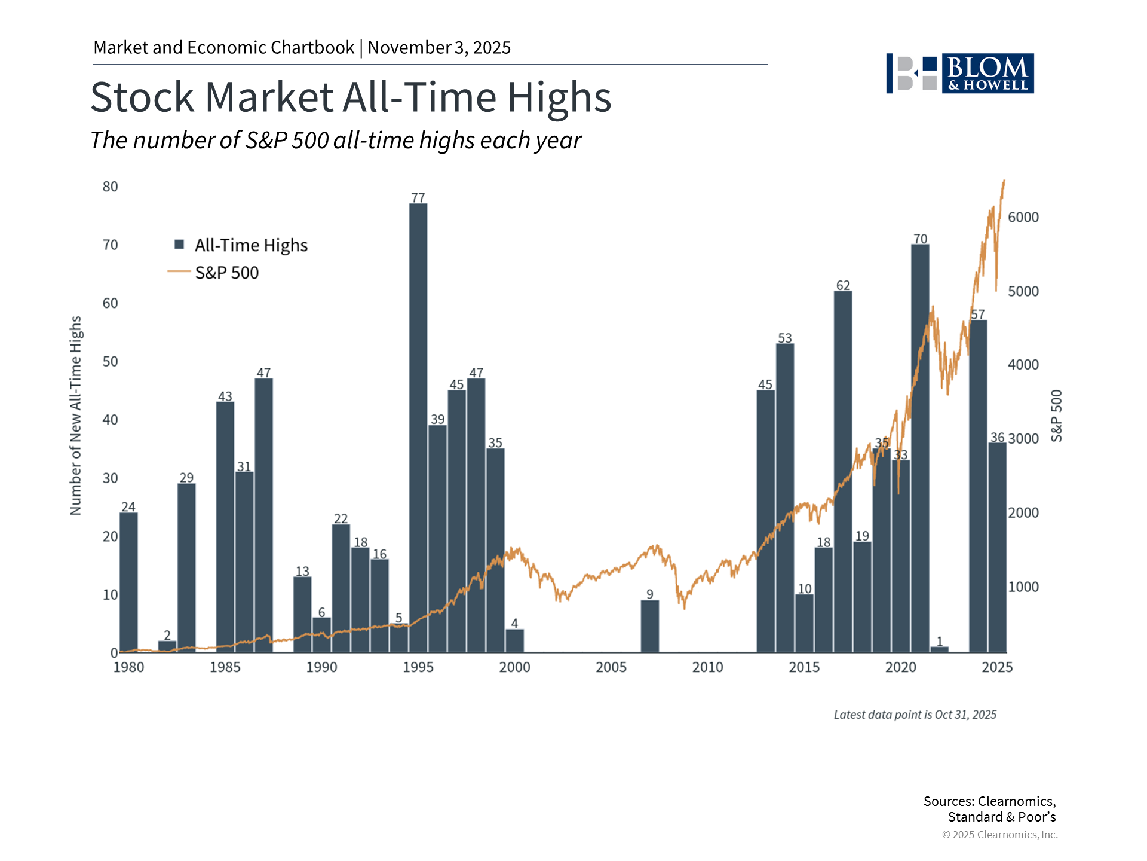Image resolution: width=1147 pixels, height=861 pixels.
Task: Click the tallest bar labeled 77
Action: (418, 428)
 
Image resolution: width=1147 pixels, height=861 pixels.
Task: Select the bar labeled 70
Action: (920, 448)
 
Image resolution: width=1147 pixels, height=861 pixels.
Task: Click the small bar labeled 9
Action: (650, 626)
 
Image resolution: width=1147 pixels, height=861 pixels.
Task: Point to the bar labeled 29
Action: (186, 567)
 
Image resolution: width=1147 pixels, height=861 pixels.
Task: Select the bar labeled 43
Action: (225, 527)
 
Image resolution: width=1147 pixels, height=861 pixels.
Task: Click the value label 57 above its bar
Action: (978, 315)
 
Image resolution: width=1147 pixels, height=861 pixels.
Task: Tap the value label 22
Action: (341, 518)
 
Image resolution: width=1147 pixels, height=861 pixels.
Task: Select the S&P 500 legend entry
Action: (226, 273)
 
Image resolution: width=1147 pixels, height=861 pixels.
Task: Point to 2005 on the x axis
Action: (611, 667)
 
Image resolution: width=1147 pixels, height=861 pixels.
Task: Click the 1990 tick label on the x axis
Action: (321, 667)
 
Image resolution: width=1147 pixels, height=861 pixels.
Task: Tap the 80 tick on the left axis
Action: (111, 187)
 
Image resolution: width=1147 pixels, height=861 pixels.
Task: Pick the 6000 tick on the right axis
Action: (1023, 218)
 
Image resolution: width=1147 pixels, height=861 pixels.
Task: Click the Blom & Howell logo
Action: (960, 74)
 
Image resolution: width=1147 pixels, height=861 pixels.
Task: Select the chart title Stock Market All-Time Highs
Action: (351, 97)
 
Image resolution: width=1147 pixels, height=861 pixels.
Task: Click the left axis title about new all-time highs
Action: (75, 416)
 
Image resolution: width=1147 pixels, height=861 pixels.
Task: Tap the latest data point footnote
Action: (915, 715)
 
